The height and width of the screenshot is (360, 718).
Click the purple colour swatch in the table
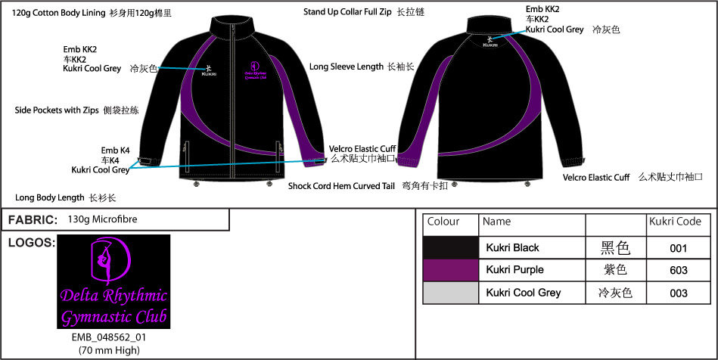[451, 270]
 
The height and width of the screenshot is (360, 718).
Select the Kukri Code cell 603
[678, 270]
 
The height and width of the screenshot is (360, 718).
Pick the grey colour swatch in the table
[451, 293]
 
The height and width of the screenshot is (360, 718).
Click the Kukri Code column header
[675, 222]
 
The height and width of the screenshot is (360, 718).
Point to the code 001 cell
[678, 248]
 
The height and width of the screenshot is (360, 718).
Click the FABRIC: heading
[33, 220]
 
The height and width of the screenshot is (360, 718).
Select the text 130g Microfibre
[102, 219]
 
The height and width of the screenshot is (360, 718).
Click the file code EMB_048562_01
[109, 337]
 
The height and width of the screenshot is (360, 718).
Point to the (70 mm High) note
[109, 351]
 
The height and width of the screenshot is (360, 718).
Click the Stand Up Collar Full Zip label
[347, 12]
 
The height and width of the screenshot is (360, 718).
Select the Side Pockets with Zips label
[57, 110]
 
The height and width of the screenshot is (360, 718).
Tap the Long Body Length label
[49, 197]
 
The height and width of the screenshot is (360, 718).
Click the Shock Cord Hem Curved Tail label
[342, 186]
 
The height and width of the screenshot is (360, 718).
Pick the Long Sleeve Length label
[347, 67]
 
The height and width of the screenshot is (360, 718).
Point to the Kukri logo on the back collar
[490, 42]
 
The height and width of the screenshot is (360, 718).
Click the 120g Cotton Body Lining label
[58, 13]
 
